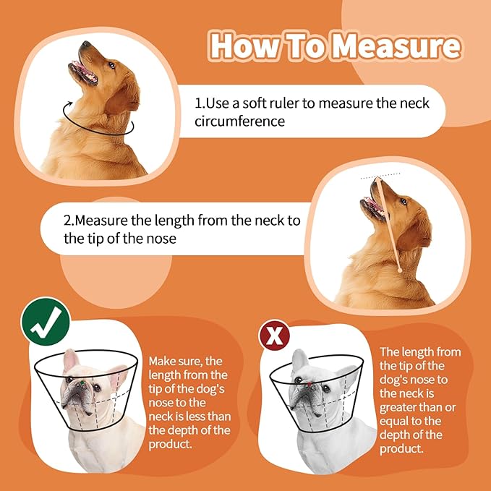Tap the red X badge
pos(275,336)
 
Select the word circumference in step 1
pos(239,121)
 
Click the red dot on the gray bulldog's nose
pos(308,385)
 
